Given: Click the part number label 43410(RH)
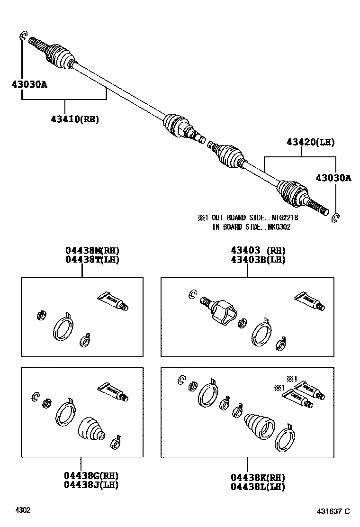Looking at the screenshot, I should [75, 119].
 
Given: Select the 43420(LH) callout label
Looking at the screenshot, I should [310, 141].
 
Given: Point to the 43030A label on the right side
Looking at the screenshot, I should [333, 178].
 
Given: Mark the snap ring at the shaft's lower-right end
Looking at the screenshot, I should [335, 218].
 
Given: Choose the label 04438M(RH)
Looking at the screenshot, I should [92, 251].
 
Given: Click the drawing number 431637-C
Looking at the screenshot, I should [333, 511].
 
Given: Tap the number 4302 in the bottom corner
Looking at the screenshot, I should [23, 510].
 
